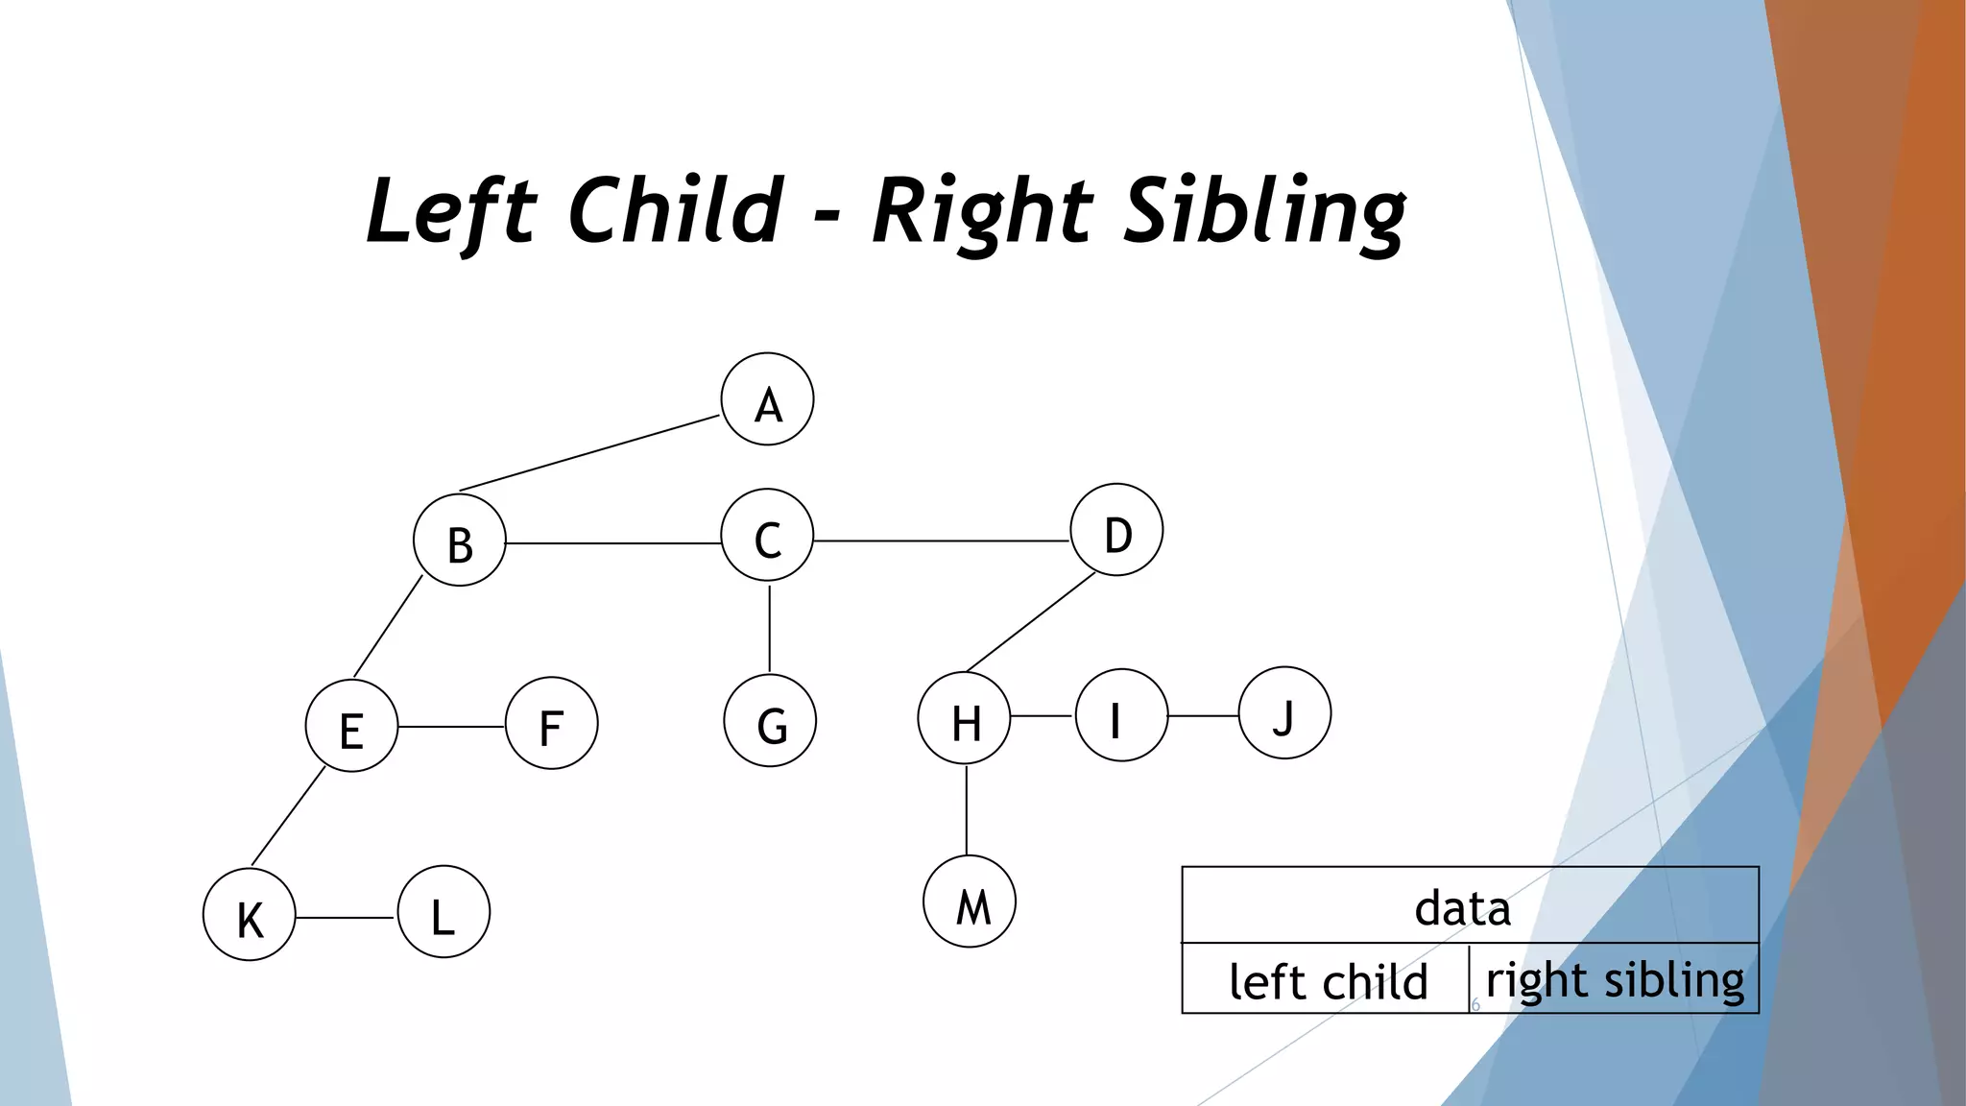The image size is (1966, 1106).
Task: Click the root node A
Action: coord(767,399)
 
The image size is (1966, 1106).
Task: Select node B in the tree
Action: coord(460,541)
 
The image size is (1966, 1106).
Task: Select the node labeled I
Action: coord(1121,715)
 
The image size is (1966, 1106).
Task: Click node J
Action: coord(1284,713)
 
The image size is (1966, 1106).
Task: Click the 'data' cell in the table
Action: coord(1469,905)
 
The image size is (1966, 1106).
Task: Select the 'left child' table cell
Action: coord(1327,979)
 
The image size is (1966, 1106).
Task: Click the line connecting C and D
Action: coord(941,541)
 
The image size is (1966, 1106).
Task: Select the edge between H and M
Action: coord(967,811)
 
